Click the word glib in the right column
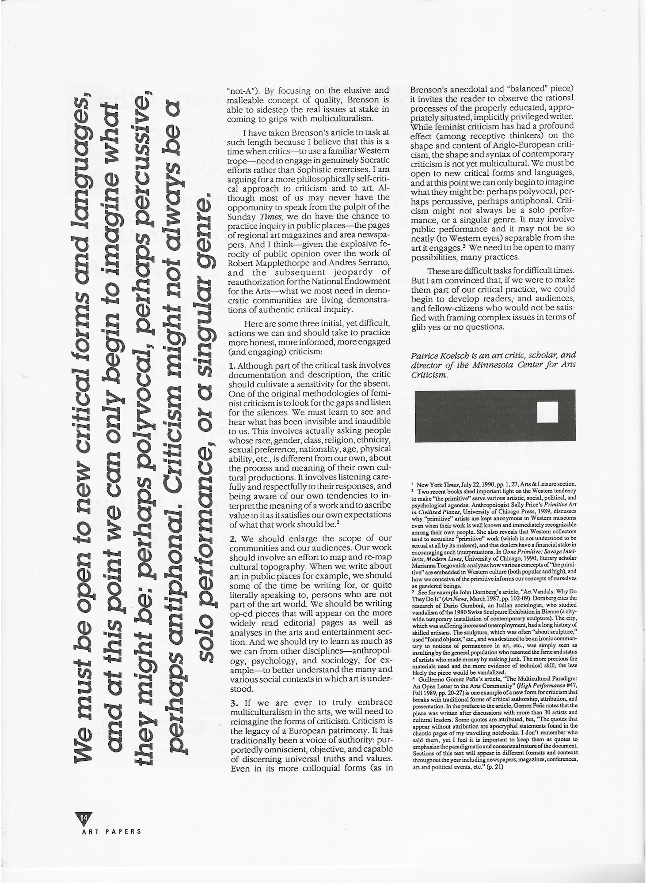[x=418, y=327]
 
